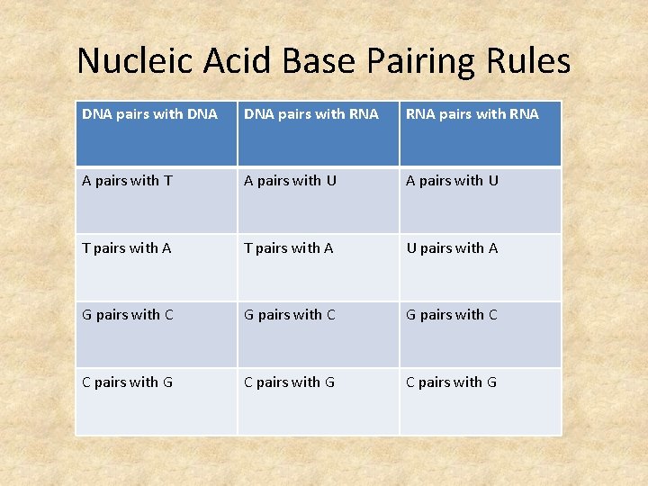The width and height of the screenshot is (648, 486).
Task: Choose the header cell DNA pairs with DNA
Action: pyautogui.click(x=149, y=114)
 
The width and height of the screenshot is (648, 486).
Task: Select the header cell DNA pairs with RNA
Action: pyautogui.click(x=311, y=114)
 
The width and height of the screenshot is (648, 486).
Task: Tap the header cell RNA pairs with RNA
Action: pyautogui.click(x=472, y=114)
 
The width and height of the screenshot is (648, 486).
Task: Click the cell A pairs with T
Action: pyautogui.click(x=127, y=181)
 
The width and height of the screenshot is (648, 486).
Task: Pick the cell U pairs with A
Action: pyautogui.click(x=452, y=248)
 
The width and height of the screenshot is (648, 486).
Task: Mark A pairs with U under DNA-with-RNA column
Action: pyautogui.click(x=290, y=181)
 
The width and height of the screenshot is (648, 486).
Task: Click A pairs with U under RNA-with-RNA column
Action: pyautogui.click(x=452, y=181)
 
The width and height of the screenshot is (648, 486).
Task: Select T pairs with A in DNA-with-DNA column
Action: pyautogui.click(x=127, y=248)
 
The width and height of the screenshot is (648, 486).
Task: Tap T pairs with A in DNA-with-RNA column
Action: pyautogui.click(x=289, y=248)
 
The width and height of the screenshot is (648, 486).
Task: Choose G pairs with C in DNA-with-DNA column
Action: pyautogui.click(x=128, y=315)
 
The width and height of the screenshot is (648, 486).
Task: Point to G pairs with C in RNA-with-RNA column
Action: pyautogui.click(x=452, y=315)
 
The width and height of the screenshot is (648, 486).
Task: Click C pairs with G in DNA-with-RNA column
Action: pyautogui.click(x=290, y=382)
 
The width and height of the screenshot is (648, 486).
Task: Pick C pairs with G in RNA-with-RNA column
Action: pyautogui.click(x=452, y=382)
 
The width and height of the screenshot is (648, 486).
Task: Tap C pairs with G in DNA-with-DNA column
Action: pyautogui.click(x=128, y=382)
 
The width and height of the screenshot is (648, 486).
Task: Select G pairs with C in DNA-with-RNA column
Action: pyautogui.click(x=290, y=315)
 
